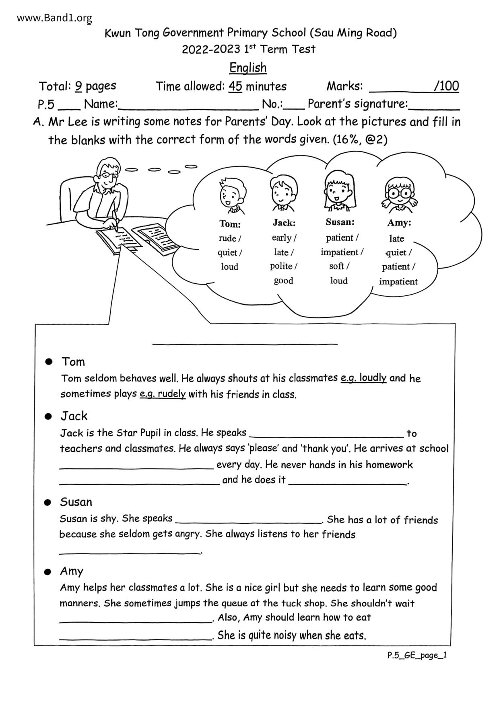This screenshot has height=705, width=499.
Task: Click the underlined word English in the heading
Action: (248, 68)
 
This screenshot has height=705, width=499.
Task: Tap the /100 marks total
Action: (446, 86)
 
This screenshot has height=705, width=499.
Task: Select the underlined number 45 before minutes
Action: (235, 86)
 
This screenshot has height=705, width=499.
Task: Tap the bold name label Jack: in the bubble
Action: (284, 223)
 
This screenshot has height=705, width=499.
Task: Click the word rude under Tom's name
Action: (228, 238)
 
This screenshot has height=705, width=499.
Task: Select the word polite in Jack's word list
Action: (281, 266)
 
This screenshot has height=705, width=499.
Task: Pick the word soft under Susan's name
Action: (337, 266)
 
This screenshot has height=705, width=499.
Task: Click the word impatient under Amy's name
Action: (398, 281)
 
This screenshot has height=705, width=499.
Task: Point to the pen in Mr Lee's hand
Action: (115, 221)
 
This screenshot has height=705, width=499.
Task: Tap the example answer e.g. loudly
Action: (363, 378)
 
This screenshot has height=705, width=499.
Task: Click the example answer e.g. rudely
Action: (163, 394)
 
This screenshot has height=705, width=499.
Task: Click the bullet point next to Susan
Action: (48, 502)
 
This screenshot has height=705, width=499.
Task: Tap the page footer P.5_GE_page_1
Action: (417, 655)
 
